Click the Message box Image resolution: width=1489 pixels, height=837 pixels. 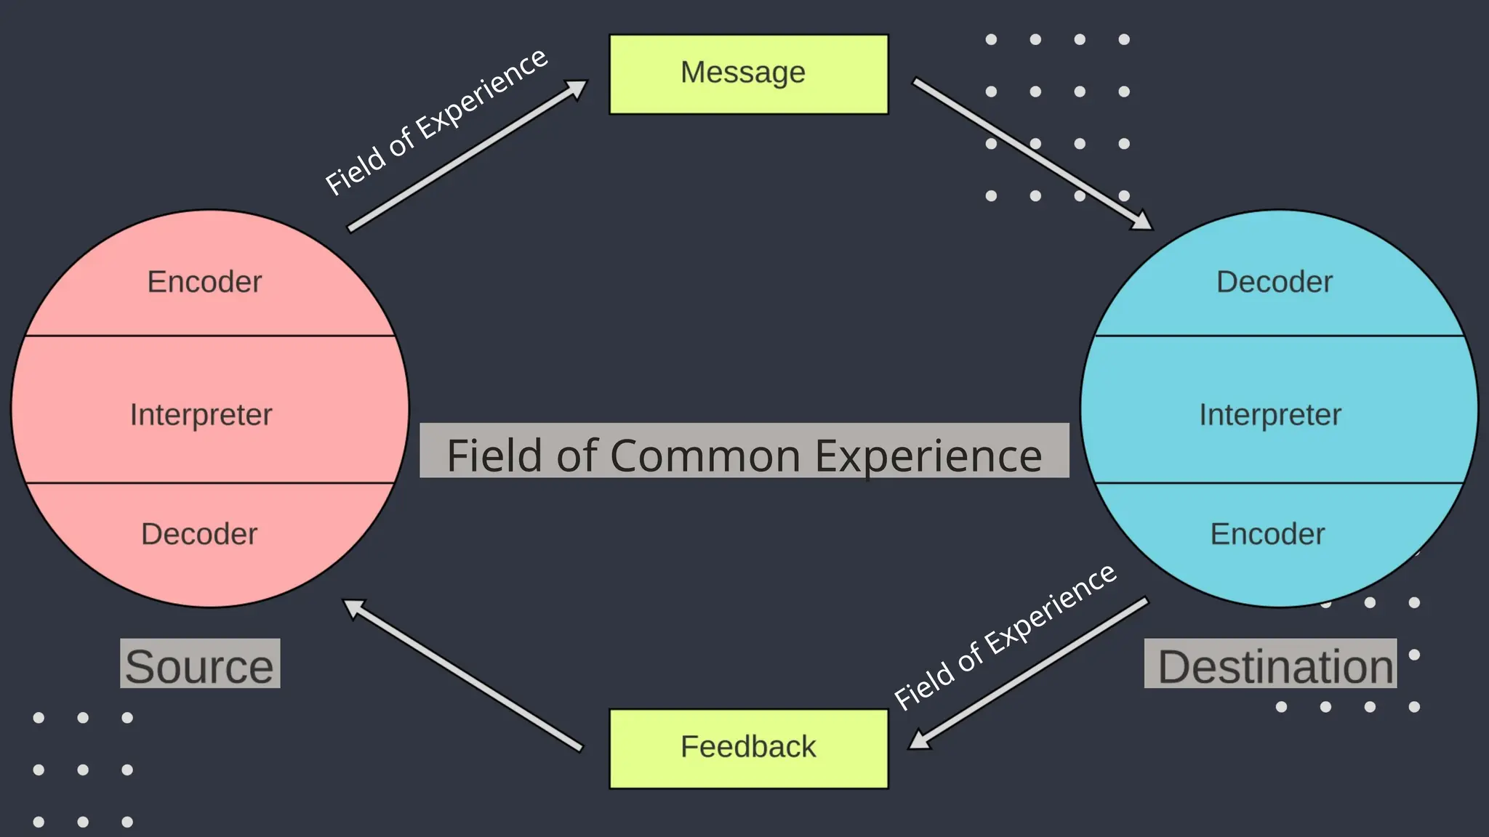tap(748, 74)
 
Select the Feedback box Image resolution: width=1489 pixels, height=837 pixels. tap(748, 748)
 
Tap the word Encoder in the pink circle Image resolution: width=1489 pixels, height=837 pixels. tap(204, 282)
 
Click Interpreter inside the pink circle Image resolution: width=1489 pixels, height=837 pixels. tap(201, 415)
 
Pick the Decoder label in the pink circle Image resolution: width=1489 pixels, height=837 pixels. tap(199, 534)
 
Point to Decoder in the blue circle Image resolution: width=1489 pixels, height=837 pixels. tap(1274, 282)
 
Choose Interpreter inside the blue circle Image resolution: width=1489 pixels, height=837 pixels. tap(1269, 415)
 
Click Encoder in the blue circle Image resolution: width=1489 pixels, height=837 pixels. tap(1267, 534)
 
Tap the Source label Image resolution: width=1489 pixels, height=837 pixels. tap(200, 665)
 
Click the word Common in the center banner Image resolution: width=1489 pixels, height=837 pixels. tap(705, 456)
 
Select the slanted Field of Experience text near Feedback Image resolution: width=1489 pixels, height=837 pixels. tap(1005, 636)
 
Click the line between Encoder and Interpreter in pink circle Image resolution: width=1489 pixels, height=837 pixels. tap(209, 336)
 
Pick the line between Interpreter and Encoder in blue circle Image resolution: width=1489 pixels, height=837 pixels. tap(1278, 482)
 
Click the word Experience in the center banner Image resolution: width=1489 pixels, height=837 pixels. tap(928, 456)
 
